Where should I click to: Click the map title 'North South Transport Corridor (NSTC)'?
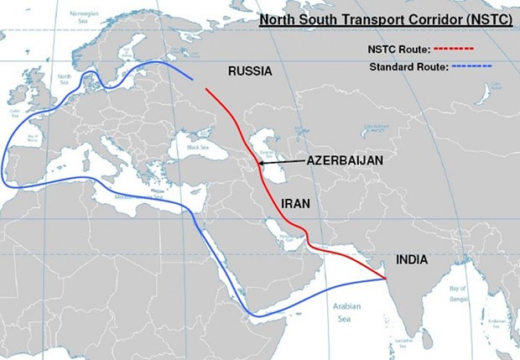(386, 18)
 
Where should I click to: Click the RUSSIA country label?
(250, 72)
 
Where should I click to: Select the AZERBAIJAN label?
(345, 160)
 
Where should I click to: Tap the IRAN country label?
(296, 202)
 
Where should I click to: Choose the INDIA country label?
(409, 260)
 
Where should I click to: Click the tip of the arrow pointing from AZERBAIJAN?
(258, 163)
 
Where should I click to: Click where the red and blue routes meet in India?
(386, 278)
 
